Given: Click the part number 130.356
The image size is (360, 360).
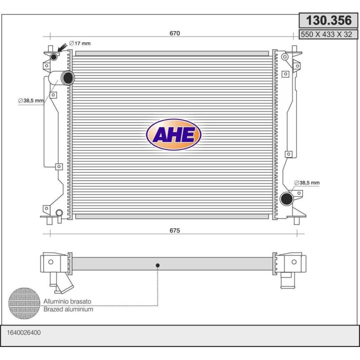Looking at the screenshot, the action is pyautogui.click(x=328, y=20).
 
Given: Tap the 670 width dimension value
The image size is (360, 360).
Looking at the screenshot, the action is pyautogui.click(x=174, y=33).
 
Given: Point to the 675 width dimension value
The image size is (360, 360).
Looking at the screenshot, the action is pyautogui.click(x=174, y=230).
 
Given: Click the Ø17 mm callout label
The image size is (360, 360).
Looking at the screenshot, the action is pyautogui.click(x=80, y=43).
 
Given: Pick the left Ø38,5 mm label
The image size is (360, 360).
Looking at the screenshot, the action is pyautogui.click(x=31, y=100).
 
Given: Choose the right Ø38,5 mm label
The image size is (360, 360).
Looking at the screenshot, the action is pyautogui.click(x=306, y=183).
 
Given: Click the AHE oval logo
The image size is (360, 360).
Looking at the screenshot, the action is pyautogui.click(x=173, y=134).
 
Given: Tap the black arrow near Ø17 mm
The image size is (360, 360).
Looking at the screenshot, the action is pyautogui.click(x=62, y=48).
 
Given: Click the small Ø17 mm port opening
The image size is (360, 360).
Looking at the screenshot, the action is pyautogui.click(x=53, y=56).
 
